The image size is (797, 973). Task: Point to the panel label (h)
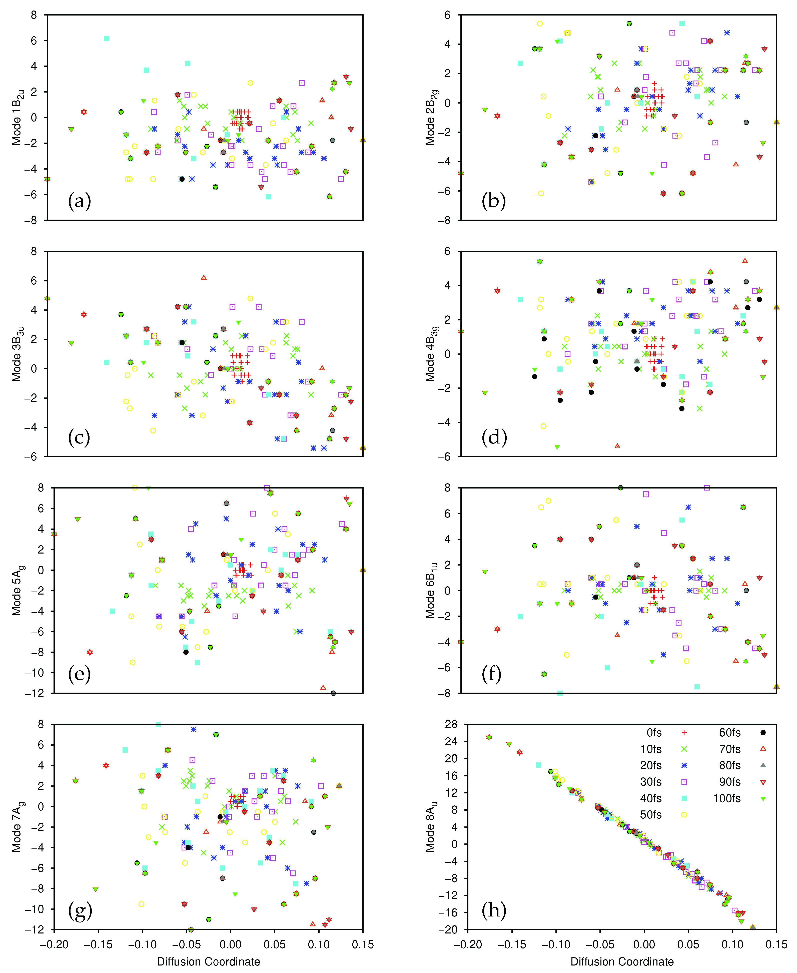coord(494,910)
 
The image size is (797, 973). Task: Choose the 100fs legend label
coord(727,798)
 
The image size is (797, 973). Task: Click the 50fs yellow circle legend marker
coord(684,815)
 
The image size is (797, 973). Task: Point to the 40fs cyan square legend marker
coord(684,798)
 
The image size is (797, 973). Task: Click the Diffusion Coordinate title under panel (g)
coord(208,961)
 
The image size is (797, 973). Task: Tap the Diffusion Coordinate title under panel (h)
coord(622,961)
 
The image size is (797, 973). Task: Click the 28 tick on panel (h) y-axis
coord(451,725)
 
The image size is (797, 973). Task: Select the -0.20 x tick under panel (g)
coord(54,944)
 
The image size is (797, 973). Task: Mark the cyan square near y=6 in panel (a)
coord(107,39)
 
